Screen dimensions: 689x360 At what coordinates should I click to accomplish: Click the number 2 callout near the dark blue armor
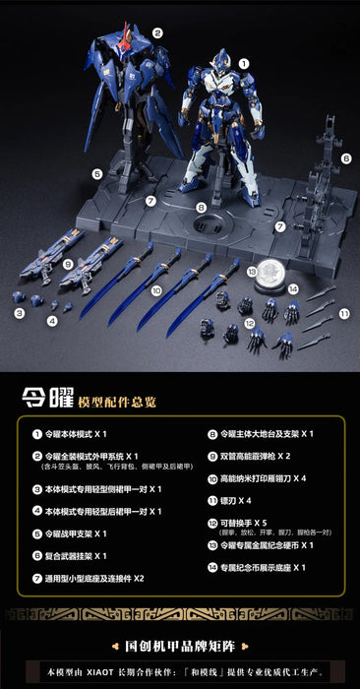pos(157,32)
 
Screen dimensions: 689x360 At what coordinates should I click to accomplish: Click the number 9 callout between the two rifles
pos(68,264)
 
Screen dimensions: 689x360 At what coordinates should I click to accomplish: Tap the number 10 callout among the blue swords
pos(155,291)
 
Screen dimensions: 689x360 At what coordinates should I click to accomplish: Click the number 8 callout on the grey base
pos(201,208)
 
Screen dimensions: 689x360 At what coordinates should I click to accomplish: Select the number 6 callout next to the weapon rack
pos(345,157)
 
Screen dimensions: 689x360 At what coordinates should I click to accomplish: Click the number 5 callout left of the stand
pos(97,174)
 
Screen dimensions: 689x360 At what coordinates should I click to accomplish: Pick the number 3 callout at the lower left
pos(19,313)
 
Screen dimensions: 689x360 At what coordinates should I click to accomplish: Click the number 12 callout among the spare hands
pos(250,322)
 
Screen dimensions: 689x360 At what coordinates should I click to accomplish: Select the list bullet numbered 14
pos(210,567)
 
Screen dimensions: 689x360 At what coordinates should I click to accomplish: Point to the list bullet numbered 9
pos(210,457)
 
